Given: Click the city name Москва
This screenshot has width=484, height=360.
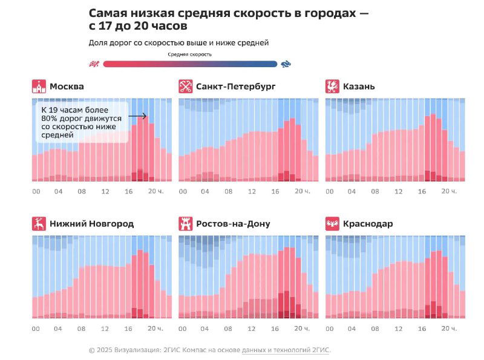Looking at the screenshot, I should tap(67, 87).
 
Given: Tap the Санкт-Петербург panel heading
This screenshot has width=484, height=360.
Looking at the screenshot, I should tap(235, 87).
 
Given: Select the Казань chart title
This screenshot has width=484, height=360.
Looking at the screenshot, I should tap(359, 87).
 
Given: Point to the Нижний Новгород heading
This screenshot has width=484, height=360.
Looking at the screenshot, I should tap(91, 224).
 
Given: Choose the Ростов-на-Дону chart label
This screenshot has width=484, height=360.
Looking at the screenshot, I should tap(233, 224).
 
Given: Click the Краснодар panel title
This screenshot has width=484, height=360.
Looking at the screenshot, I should tap(368, 224).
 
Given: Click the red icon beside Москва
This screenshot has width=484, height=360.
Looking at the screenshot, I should tap(39, 87).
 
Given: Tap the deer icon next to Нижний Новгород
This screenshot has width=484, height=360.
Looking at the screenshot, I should tap(39, 224).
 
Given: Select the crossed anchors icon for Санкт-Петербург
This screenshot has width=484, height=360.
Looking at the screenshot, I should tap(186, 87).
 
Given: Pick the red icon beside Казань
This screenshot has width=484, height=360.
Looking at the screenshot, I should tap(332, 87).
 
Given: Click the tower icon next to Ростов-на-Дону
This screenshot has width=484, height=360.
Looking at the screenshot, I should tap(186, 224).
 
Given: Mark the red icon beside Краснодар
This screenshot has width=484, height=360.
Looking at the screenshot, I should tap(332, 224).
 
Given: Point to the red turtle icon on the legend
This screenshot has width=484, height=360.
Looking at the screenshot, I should tap(94, 64).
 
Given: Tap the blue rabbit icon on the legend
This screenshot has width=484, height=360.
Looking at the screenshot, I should tap(286, 64).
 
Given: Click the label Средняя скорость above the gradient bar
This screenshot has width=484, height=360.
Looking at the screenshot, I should tap(189, 54).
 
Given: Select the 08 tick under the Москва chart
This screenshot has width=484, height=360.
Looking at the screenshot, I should tap(82, 191).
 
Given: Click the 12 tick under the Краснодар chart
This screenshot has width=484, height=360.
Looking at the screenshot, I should tap(398, 329).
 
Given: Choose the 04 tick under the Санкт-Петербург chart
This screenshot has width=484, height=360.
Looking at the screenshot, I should tap(205, 191).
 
